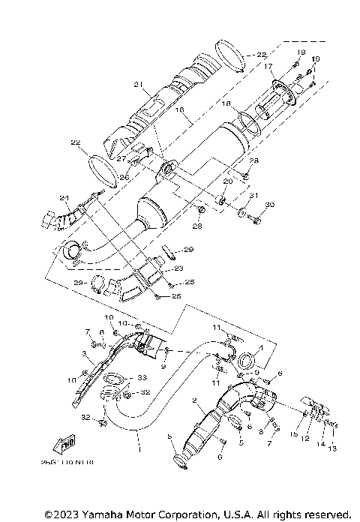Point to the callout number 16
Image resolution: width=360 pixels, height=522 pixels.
tap(179, 109)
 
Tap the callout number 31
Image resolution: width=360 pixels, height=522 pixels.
tap(253, 196)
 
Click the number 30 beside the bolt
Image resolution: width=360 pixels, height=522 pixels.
tap(270, 205)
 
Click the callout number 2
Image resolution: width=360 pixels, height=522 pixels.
tap(194, 401)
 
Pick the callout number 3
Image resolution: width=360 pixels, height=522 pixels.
tap(85, 352)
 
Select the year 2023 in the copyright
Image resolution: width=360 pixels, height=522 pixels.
tap(61, 515)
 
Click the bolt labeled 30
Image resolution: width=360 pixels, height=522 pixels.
tap(256, 220)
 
